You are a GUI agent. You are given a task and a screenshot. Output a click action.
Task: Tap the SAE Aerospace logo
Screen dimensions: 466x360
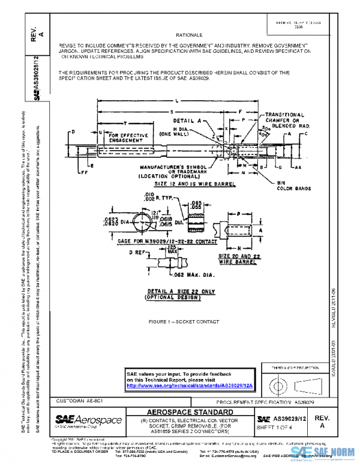pos(88,421)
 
